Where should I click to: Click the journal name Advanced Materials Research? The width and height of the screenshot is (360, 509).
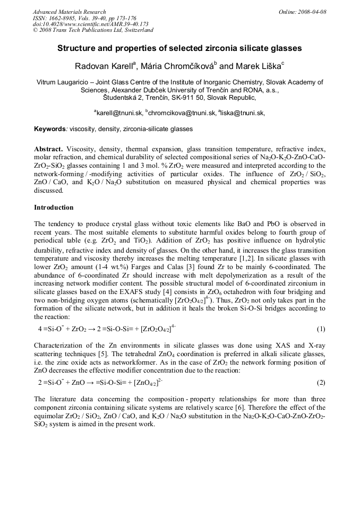69,12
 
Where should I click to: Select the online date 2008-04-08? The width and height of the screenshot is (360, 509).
312,12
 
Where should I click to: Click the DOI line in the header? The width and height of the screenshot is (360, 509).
90,24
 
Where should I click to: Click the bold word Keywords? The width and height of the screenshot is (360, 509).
49,129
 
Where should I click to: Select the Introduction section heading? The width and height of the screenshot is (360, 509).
54,207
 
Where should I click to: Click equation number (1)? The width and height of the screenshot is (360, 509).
321,329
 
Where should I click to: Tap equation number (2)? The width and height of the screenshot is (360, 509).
321,382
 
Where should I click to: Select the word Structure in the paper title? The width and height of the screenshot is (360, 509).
75,48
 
